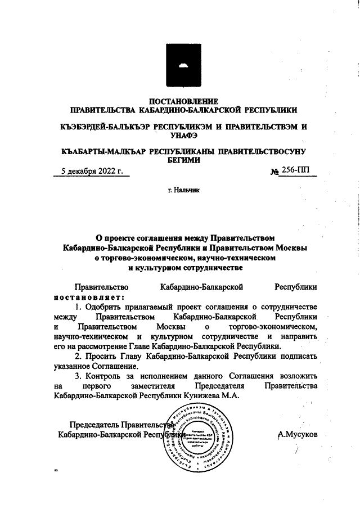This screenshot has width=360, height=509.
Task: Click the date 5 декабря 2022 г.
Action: [91, 172]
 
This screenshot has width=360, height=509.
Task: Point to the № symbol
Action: [276, 172]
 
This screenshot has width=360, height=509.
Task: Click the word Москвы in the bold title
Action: [290, 247]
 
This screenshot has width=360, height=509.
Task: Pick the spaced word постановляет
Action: [88, 296]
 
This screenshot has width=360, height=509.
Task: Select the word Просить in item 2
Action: [104, 357]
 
